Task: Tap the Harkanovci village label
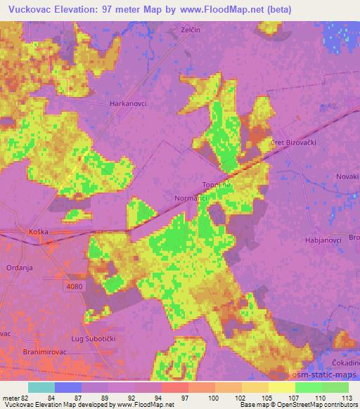click(127, 103)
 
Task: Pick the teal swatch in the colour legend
click(41, 387)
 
